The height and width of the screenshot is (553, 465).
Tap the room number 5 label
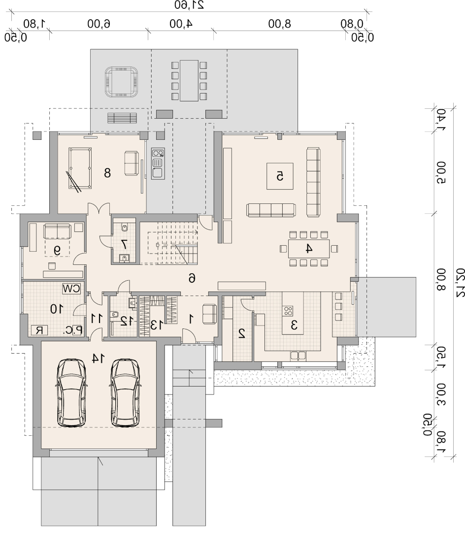[280, 176]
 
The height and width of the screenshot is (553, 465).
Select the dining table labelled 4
[309, 249]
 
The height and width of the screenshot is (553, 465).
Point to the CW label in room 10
[71, 289]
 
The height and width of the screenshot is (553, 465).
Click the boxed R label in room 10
[39, 330]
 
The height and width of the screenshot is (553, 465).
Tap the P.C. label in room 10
[73, 330]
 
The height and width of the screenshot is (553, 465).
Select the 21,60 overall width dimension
[189, 5]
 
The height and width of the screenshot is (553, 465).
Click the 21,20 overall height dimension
[460, 283]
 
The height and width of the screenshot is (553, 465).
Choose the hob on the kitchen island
[288, 311]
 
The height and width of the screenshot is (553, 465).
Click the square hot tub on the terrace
[121, 81]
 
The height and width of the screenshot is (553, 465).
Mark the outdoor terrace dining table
[189, 80]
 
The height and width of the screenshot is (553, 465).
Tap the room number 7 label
[124, 244]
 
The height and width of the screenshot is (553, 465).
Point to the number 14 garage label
[99, 358]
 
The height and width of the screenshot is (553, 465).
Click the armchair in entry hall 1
[209, 314]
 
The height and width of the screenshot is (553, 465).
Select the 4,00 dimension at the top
[181, 24]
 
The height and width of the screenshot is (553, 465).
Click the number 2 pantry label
[242, 334]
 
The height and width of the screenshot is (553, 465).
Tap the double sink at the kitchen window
[298, 356]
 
